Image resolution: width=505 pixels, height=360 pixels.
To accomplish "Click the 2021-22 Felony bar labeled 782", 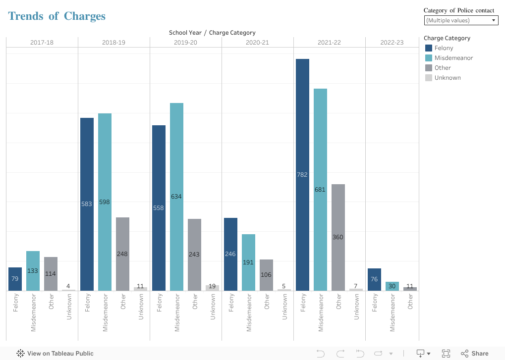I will click(x=302, y=174).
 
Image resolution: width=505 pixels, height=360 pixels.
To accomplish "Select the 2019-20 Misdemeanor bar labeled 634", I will click(x=176, y=197).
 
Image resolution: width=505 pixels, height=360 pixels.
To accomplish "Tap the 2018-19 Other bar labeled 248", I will click(x=122, y=254).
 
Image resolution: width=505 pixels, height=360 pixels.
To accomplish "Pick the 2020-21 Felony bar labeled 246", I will click(x=230, y=254).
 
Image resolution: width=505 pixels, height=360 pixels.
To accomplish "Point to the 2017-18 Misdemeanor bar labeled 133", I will click(x=33, y=270).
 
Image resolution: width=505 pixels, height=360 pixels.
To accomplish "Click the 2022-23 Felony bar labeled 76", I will click(x=374, y=279).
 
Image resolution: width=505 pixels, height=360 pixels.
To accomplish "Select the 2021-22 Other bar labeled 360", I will click(x=338, y=237).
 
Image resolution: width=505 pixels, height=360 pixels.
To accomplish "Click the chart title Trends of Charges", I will click(x=57, y=16).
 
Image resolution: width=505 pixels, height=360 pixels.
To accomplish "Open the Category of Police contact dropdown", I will click(x=461, y=20).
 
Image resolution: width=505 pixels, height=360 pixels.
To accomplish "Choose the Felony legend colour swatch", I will click(x=429, y=48).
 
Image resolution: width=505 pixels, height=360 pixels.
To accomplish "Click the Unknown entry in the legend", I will click(x=447, y=78).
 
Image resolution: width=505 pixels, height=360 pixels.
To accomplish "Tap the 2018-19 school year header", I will click(x=113, y=43).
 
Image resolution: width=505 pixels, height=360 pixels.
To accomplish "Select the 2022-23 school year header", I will click(x=392, y=43).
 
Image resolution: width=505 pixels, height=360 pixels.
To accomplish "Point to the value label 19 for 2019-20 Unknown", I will click(x=212, y=286).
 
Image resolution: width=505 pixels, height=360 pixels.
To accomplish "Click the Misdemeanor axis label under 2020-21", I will click(x=249, y=312).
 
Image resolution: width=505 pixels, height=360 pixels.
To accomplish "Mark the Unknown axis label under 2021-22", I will click(x=356, y=307).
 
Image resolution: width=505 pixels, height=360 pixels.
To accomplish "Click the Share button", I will click(x=475, y=354).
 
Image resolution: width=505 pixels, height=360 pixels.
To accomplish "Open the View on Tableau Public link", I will click(x=55, y=354).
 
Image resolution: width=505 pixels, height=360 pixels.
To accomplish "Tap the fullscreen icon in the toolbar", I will click(x=446, y=354).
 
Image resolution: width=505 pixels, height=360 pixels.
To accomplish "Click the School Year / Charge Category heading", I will click(x=212, y=33).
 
